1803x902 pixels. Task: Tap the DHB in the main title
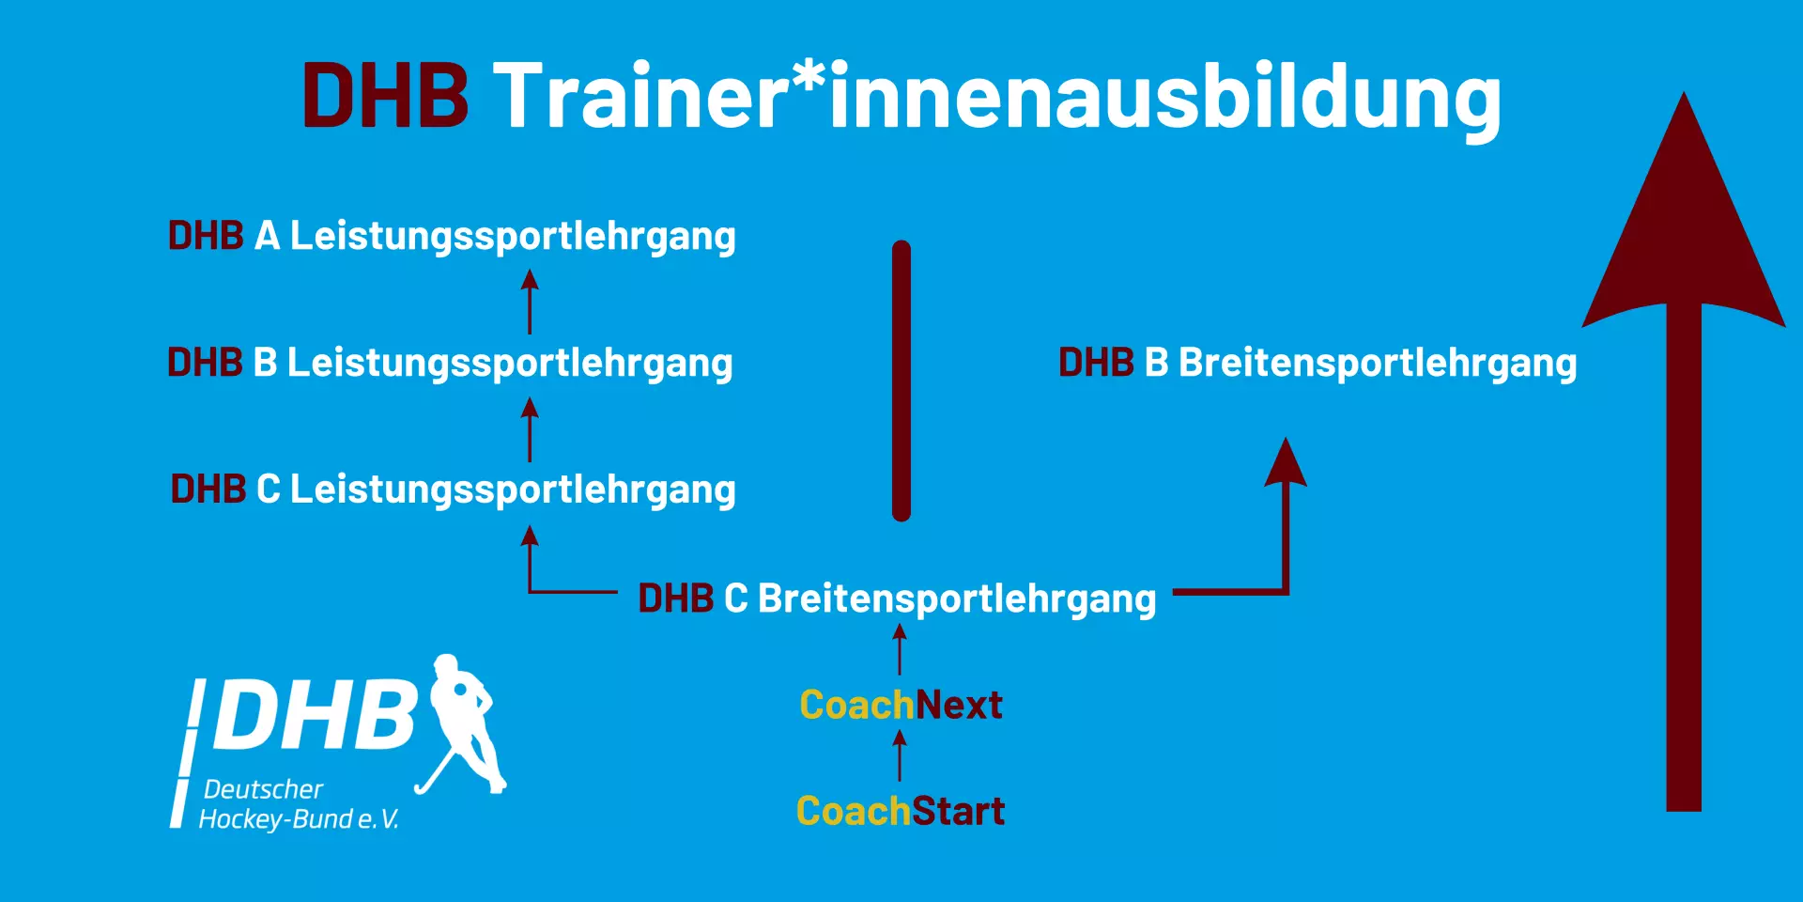point(385,96)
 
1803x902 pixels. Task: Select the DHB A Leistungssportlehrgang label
point(452,237)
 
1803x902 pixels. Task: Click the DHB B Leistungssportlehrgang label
point(450,364)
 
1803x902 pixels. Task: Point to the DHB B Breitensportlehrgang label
point(1318,364)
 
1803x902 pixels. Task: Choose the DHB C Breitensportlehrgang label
point(897,599)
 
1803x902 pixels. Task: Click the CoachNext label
point(901,705)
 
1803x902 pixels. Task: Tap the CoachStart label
point(901,811)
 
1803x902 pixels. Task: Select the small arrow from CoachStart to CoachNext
point(900,756)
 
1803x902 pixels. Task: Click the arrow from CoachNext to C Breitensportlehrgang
point(900,650)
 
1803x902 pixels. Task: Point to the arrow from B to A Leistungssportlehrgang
point(530,302)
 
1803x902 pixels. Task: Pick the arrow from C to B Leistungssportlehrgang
point(530,429)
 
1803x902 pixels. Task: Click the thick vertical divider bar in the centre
point(901,381)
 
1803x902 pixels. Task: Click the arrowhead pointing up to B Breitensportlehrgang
point(1286,464)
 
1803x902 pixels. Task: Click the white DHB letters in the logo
point(316,714)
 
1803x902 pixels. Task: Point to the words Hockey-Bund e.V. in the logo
point(299,819)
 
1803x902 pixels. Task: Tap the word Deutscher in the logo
point(264,789)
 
